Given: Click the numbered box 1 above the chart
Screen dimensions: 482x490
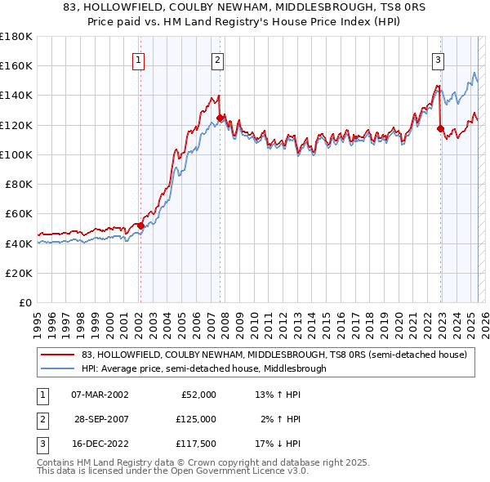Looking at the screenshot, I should tap(139, 59).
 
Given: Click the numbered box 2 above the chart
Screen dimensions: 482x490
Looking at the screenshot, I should tap(218, 59).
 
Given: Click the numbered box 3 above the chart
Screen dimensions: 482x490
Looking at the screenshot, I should tap(439, 59).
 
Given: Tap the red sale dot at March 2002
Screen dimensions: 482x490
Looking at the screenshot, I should tap(140, 225).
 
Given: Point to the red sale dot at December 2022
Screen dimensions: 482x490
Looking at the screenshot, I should tap(440, 128).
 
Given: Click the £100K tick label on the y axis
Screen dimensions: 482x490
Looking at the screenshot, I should tap(16, 154).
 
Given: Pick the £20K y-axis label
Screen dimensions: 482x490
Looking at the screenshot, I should tap(20, 273).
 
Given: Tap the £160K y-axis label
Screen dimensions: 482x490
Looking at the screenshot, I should tap(16, 65).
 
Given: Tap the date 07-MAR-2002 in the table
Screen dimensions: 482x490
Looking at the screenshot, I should tap(100, 395).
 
